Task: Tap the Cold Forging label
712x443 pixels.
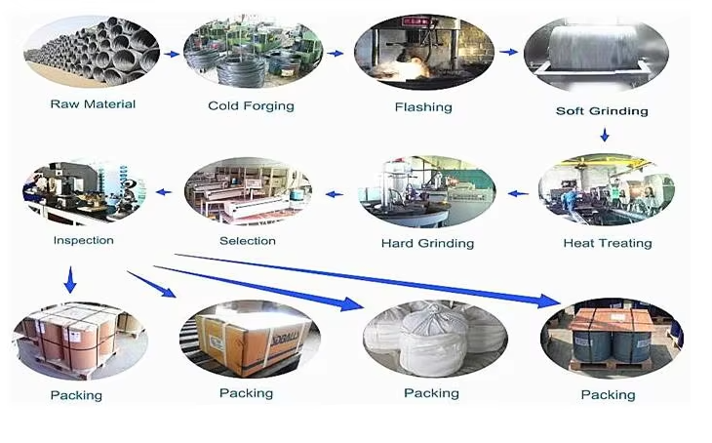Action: click(251, 105)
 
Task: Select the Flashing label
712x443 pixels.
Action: click(423, 107)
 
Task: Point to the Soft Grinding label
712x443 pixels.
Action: click(602, 110)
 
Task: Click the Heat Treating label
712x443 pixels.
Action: click(608, 242)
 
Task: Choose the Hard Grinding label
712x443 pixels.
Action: click(427, 243)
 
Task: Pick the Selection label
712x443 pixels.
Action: click(248, 241)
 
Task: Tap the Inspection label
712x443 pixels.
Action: click(83, 240)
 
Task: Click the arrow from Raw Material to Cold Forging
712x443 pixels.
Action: click(172, 54)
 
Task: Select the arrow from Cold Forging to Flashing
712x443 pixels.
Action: click(335, 54)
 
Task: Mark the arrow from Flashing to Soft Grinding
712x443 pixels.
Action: click(508, 51)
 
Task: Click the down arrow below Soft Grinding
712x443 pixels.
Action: click(605, 135)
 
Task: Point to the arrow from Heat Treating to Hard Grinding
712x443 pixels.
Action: click(518, 193)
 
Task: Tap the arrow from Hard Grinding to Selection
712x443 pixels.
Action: click(335, 193)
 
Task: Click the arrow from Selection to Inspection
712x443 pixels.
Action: click(164, 192)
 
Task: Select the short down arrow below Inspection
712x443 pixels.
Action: click(69, 282)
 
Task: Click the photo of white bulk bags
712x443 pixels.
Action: click(431, 338)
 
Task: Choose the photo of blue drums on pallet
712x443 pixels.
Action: click(611, 336)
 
